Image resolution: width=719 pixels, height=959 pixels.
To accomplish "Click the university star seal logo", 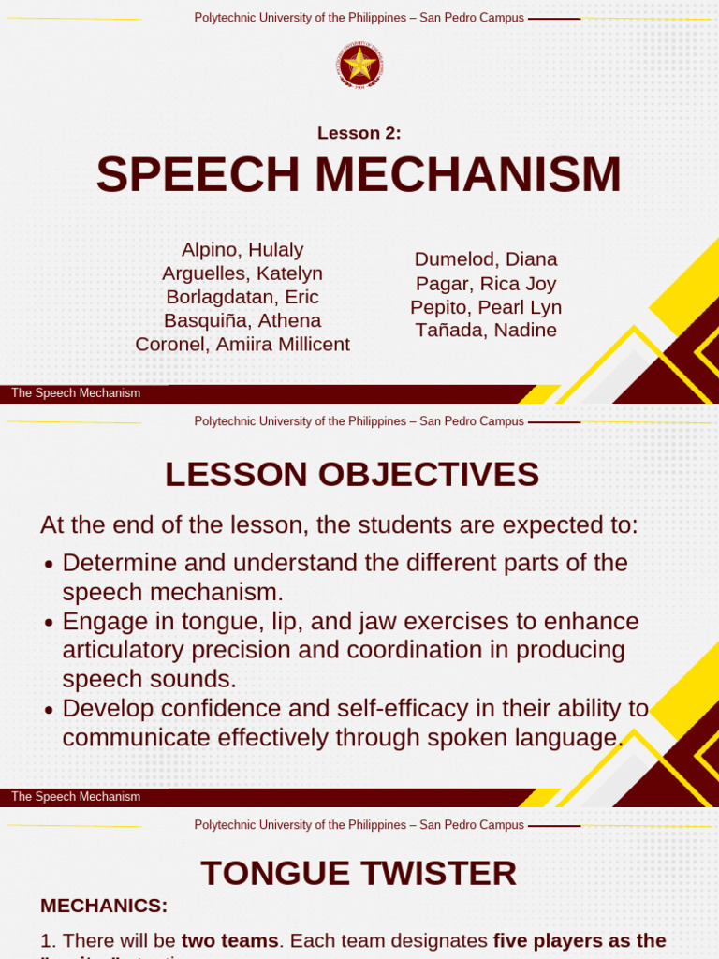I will click(x=359, y=66).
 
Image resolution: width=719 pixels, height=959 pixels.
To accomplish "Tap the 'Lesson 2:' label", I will click(x=359, y=133).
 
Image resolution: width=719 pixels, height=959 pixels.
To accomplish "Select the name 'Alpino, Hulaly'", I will click(x=242, y=250).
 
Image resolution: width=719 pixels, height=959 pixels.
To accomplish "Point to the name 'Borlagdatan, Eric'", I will click(x=242, y=297).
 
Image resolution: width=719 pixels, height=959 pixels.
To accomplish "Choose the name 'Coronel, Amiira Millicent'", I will click(x=242, y=344).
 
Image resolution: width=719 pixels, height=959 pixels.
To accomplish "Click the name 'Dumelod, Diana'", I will click(x=486, y=259).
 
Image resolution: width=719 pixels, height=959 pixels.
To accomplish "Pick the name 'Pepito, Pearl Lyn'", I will click(x=486, y=307).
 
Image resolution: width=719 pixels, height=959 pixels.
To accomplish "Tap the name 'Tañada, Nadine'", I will click(x=486, y=331).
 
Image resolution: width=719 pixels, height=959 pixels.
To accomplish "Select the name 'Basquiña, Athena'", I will click(x=242, y=320).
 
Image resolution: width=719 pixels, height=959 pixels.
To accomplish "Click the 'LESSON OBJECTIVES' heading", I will click(x=352, y=475).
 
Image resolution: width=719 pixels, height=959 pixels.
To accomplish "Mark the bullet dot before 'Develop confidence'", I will click(x=50, y=710).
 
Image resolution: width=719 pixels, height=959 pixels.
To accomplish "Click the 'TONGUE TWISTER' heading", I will click(x=359, y=874).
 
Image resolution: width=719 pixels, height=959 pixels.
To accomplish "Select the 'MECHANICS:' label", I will click(x=104, y=907).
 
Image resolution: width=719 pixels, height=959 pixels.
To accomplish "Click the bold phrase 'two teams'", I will click(x=229, y=940).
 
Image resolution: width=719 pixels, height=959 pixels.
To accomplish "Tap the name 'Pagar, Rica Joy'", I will click(x=486, y=284).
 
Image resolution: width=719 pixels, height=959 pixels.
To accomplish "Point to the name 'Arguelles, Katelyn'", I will click(x=242, y=273).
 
